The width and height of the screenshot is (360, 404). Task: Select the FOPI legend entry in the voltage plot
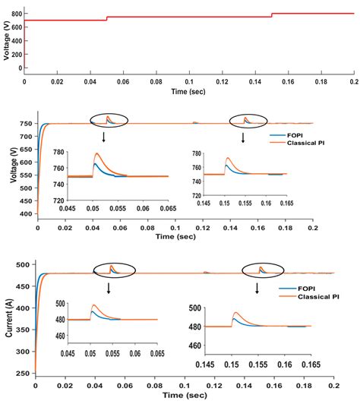tap(294, 134)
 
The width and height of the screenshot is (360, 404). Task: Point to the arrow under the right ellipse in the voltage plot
tap(243, 137)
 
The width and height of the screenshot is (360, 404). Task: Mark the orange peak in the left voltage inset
tap(96, 153)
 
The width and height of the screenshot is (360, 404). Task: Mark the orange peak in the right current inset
tap(235, 312)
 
